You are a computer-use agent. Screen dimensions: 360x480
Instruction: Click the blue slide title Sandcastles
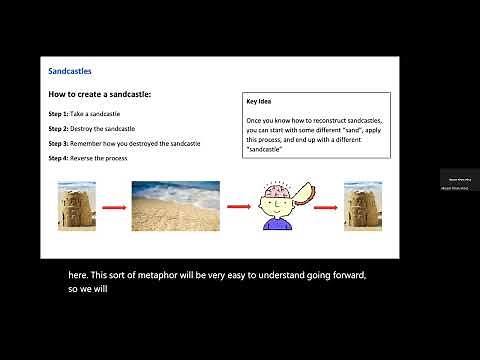pos(70,71)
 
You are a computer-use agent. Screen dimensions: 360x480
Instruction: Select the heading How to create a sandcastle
pos(99,94)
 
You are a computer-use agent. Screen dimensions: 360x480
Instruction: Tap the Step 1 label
pos(59,115)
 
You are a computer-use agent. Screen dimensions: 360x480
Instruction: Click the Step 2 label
pos(59,129)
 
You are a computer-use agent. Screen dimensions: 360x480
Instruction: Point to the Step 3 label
pos(59,144)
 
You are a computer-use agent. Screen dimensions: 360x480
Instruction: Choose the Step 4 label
pos(59,158)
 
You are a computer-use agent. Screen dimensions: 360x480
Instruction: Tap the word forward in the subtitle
pos(346,275)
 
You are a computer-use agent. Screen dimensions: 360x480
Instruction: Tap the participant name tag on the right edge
pos(460,181)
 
